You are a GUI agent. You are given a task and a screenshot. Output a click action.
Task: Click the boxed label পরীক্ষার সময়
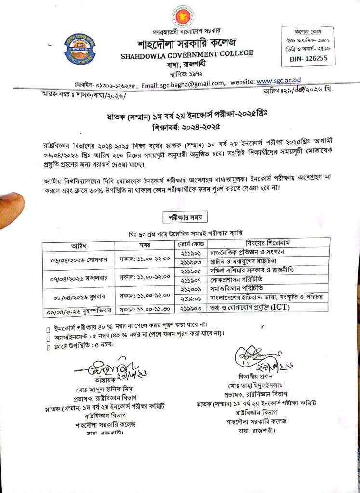[x=185, y=217]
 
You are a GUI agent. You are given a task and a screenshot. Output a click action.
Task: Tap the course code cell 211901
[x=192, y=252]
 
